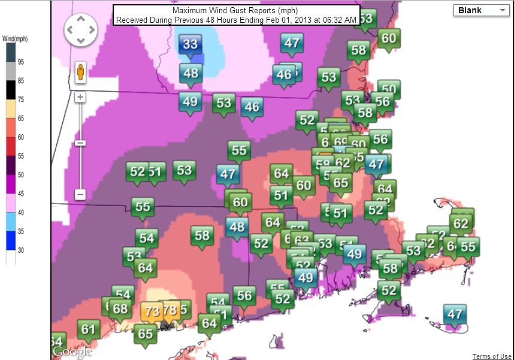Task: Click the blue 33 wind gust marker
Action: click(x=191, y=44)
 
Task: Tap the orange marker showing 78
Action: click(x=170, y=310)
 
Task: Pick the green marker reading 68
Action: click(x=121, y=309)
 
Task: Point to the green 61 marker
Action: click(x=88, y=329)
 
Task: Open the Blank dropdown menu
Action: click(x=481, y=10)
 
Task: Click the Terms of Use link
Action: click(x=492, y=356)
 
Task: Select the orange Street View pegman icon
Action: click(x=80, y=72)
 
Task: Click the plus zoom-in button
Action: click(x=80, y=97)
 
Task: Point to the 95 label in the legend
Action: click(x=21, y=62)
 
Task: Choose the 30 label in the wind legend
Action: click(x=21, y=250)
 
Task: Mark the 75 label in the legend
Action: click(x=21, y=99)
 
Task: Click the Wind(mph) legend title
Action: click(x=15, y=40)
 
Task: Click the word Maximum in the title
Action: click(x=190, y=11)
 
